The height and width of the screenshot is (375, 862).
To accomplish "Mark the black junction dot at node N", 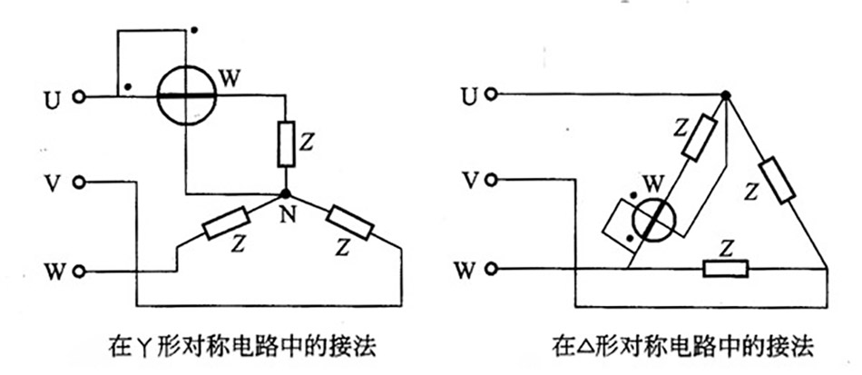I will (286, 193).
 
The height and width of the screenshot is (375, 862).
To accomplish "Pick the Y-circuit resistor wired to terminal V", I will (348, 222).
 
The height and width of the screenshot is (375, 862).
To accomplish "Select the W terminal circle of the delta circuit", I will (491, 269).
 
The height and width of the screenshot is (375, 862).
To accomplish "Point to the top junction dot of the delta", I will (725, 95).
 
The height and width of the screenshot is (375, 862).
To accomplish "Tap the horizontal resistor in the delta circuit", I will (726, 269).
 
